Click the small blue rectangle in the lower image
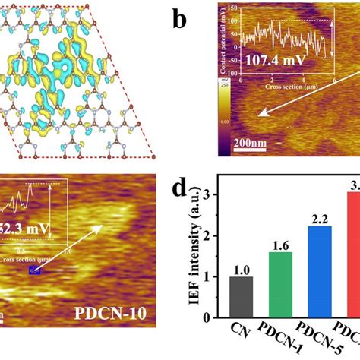click(x=33, y=270)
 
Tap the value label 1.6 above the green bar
click(x=279, y=245)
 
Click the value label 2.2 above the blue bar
click(x=317, y=219)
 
